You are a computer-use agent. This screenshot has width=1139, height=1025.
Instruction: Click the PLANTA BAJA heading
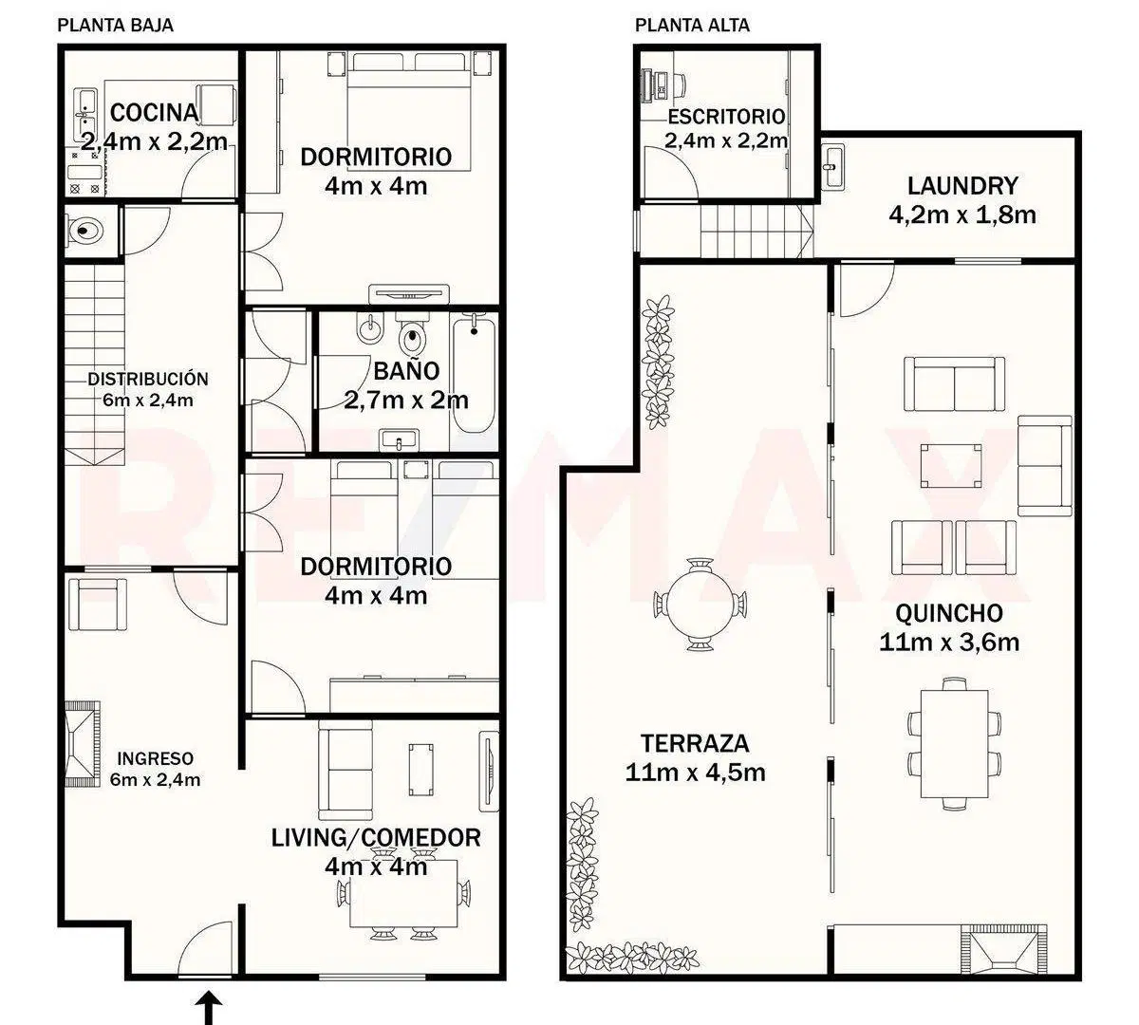click(x=115, y=26)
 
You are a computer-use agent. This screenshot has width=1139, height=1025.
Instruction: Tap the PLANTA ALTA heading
click(x=692, y=26)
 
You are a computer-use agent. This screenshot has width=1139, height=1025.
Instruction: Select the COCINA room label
click(x=155, y=113)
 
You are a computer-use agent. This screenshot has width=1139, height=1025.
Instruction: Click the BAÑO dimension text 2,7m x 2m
click(x=406, y=401)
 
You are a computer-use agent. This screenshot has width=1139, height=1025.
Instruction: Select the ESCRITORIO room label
click(x=726, y=117)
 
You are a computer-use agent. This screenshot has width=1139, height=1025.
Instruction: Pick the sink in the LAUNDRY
click(x=833, y=167)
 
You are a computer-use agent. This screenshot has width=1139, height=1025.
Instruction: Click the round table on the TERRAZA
click(x=700, y=606)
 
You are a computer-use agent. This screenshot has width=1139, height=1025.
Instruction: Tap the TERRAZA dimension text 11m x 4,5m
click(x=695, y=773)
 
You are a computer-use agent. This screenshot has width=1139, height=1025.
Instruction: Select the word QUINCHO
click(x=949, y=614)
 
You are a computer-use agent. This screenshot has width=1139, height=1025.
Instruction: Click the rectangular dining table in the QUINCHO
click(x=954, y=744)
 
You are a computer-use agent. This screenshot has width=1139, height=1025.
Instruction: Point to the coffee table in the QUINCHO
click(x=950, y=466)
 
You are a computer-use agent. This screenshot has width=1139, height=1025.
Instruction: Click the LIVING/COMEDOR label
click(x=376, y=838)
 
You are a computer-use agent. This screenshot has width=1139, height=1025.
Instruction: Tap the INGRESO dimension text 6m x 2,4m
click(x=155, y=780)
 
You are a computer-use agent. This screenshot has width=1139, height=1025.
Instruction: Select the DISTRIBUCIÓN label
click(x=148, y=379)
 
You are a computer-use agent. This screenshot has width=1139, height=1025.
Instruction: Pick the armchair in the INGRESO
click(x=97, y=605)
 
